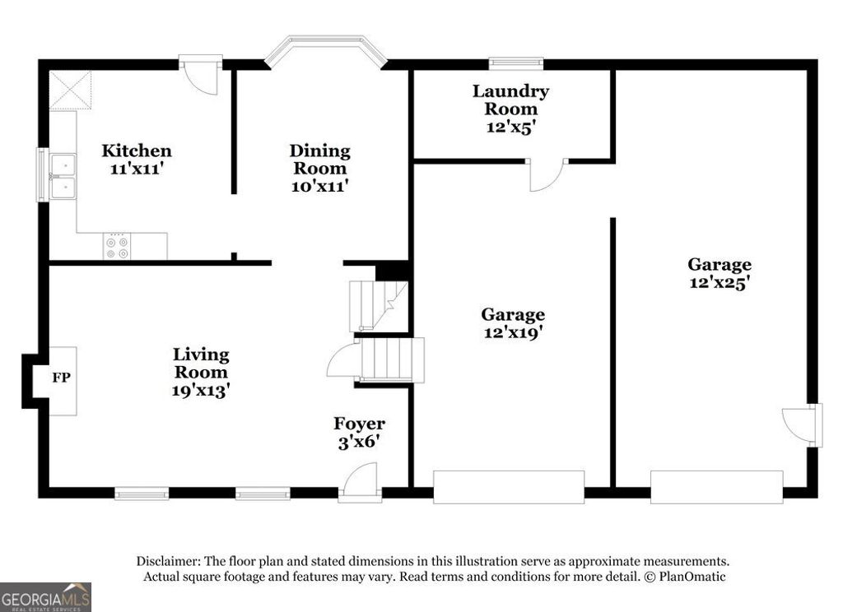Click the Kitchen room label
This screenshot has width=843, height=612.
click(137, 151)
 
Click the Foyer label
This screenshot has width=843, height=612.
click(359, 424)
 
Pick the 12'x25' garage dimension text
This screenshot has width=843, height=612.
click(720, 282)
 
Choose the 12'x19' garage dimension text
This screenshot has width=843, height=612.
click(513, 332)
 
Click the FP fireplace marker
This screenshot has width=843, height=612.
click(61, 378)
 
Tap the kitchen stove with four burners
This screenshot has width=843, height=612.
click(117, 247)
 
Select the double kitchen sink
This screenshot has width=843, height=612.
click(63, 177)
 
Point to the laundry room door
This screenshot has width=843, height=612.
click(546, 174)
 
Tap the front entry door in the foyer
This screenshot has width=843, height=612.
click(360, 481)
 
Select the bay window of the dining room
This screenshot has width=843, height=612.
click(326, 50)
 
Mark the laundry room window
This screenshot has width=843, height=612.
click(516, 63)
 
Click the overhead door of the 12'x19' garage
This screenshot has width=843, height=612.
click(509, 486)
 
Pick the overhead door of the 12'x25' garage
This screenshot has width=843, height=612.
click(716, 486)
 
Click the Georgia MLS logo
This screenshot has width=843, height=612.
click(45, 597)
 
